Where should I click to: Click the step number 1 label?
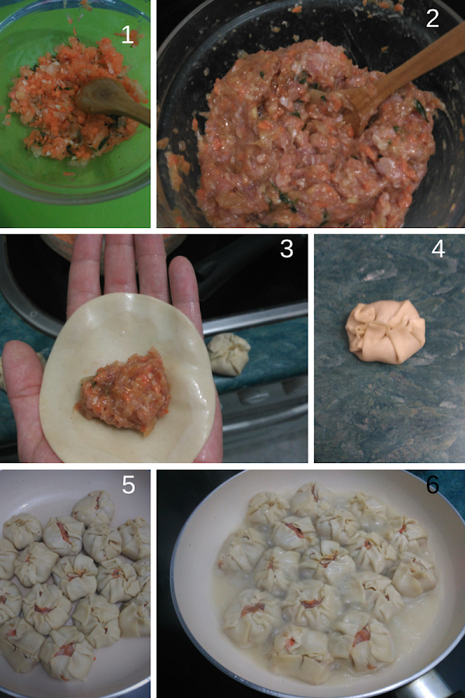pos(128,35)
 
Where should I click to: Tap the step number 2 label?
pos(432,18)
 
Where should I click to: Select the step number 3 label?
pos(287,249)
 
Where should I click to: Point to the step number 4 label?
pos(439,248)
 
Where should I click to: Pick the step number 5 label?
pos(129,484)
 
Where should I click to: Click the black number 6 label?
pos(432,484)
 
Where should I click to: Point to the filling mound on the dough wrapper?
pos(124,392)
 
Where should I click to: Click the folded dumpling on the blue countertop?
pos(385,332)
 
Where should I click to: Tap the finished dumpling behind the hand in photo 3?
pos(229,354)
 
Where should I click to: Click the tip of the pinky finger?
pos(181,262)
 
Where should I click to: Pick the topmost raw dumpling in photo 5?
pos(94,507)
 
